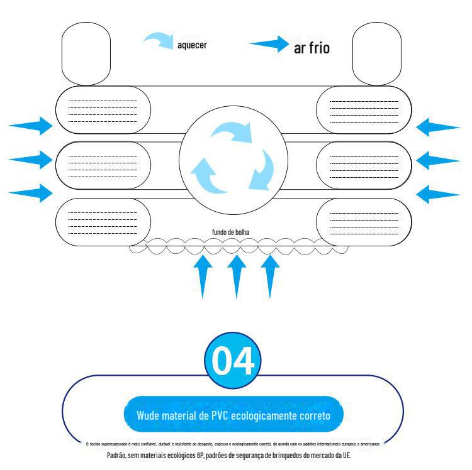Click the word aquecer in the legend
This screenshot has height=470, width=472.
click(192, 45)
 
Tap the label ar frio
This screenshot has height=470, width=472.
click(312, 48)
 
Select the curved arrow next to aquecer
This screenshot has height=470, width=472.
click(159, 41)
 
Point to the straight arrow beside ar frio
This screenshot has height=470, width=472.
click(269, 44)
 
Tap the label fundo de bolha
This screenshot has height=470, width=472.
click(230, 232)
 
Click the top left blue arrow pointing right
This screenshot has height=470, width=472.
click(31, 126)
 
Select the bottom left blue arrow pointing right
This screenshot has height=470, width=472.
click(31, 192)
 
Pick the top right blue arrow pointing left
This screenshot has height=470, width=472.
click(438, 127)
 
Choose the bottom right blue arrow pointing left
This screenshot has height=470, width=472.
click(438, 194)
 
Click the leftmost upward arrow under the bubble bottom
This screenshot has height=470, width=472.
click(202, 274)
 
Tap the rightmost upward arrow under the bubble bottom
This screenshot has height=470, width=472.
click(269, 274)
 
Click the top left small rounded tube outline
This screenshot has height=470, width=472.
click(86, 53)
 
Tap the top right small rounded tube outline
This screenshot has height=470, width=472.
click(377, 53)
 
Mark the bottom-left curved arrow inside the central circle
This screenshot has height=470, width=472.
click(208, 175)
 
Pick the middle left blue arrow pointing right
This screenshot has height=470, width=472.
click(31, 159)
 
